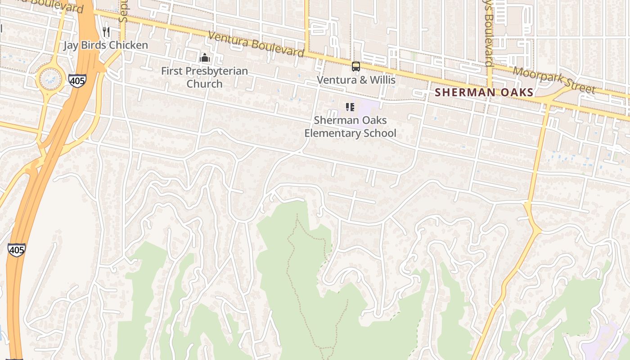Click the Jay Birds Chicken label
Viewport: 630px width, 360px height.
105,45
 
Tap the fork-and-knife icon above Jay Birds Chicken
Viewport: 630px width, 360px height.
106,31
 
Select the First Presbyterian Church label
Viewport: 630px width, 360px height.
204,77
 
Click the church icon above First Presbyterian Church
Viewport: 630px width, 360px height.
205,58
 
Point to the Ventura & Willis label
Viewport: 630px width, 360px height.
356,80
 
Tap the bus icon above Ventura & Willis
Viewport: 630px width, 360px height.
356,67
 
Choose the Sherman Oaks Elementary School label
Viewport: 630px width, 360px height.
350,127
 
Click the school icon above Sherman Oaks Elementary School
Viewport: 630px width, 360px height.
350,107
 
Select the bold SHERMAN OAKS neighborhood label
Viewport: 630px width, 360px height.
484,93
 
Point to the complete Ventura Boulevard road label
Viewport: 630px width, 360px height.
256,44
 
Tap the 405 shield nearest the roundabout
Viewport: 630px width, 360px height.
77,81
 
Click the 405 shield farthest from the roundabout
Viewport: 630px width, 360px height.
16,250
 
